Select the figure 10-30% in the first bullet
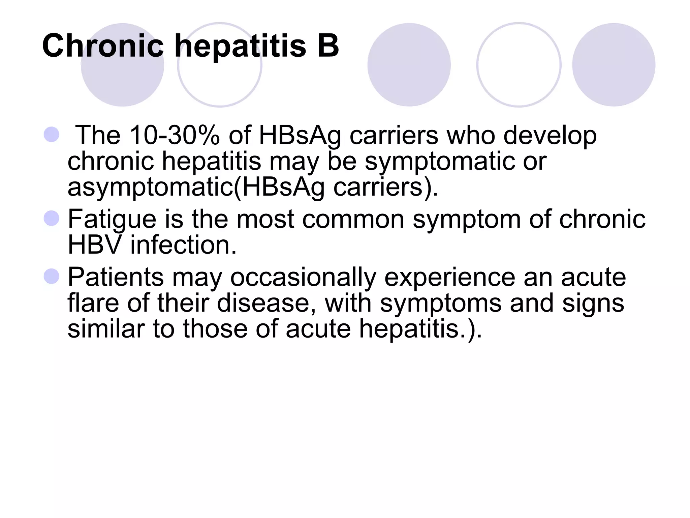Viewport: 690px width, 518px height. (175, 136)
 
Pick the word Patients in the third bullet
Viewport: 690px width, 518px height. (116, 277)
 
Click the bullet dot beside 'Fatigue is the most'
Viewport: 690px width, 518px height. (52, 218)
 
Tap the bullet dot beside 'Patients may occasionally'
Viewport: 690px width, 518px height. (52, 276)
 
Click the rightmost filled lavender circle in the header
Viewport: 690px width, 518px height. (614, 65)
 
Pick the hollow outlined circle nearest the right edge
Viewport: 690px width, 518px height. (519, 65)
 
